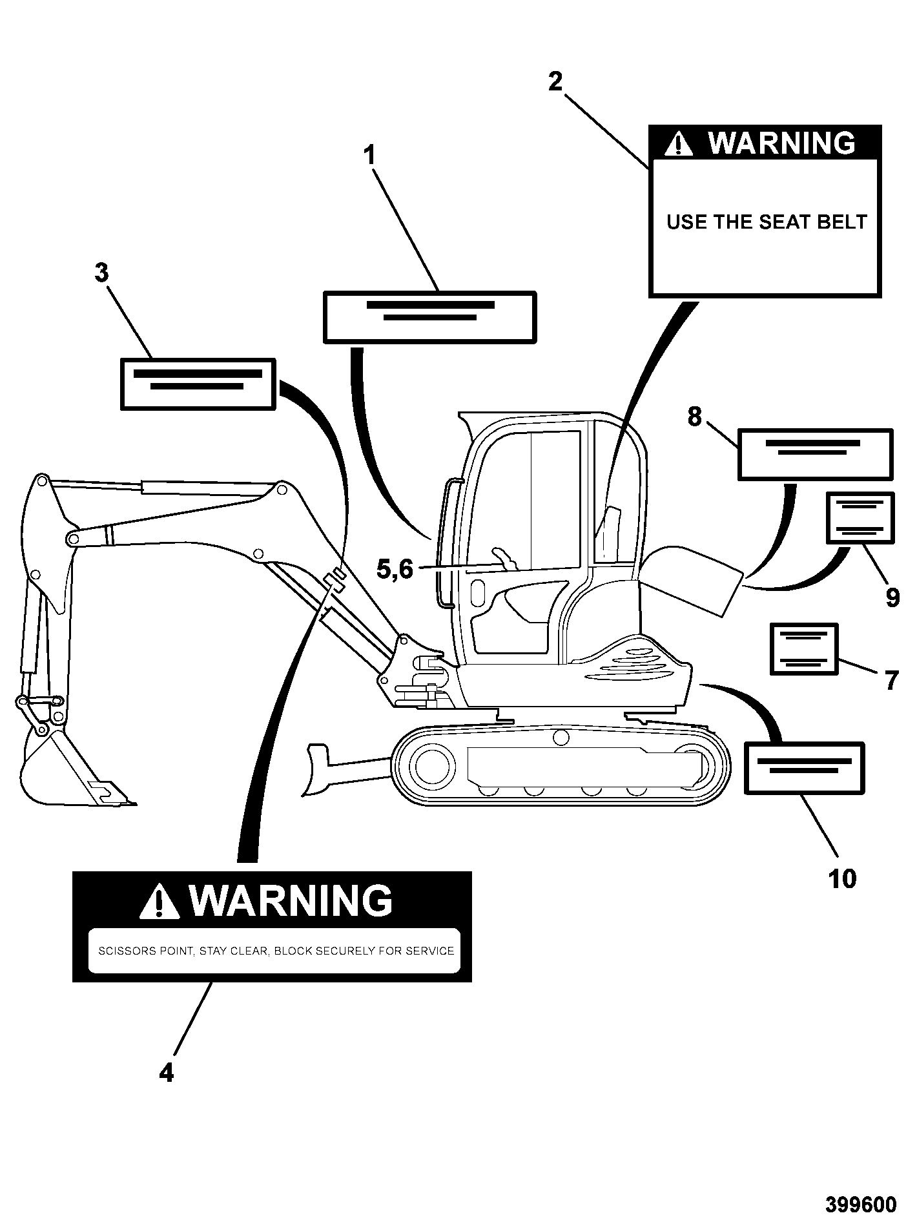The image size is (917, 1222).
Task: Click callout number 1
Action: point(369,156)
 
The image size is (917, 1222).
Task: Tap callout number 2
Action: point(555,82)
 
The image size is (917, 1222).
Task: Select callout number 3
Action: point(102,273)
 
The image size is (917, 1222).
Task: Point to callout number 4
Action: point(166,1073)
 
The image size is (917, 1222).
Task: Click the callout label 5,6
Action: point(395,570)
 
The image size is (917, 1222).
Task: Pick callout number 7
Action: point(891,680)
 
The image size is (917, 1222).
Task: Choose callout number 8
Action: point(694,417)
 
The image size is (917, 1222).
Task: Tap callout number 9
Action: point(892,597)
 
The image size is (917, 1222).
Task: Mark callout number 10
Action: point(842,878)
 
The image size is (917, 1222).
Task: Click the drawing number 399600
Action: point(861,1205)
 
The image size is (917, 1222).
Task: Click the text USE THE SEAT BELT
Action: point(766,222)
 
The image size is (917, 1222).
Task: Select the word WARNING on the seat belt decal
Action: point(782,143)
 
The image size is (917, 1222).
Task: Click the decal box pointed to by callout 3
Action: point(198,384)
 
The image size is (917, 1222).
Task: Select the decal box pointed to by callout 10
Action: point(804,768)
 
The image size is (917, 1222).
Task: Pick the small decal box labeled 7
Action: point(804,649)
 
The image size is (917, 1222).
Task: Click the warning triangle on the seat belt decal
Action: point(679,143)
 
